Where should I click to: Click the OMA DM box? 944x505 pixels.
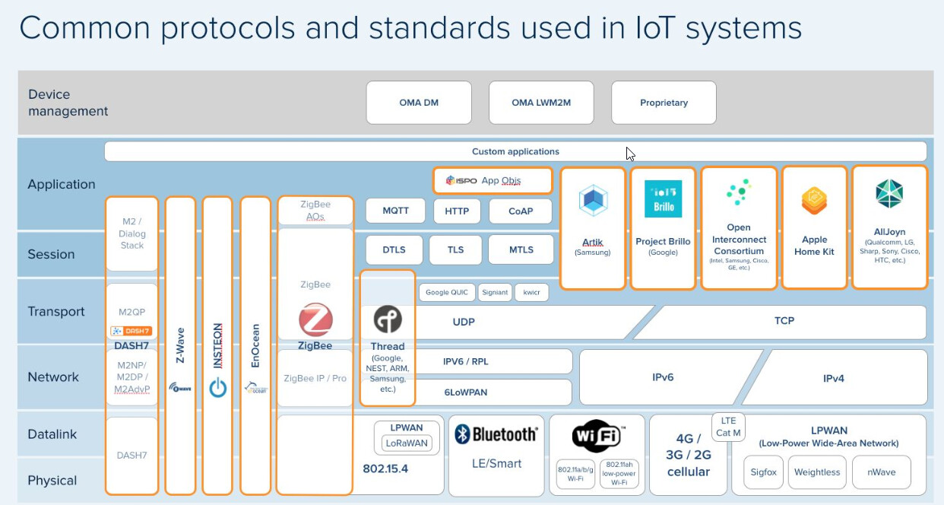click(419, 103)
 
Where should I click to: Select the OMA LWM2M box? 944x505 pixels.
click(541, 103)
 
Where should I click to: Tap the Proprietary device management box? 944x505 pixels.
click(664, 103)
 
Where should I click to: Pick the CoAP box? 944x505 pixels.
click(521, 211)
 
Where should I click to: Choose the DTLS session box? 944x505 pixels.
click(394, 249)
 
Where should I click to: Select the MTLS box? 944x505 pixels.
click(521, 249)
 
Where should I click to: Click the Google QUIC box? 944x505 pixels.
click(447, 292)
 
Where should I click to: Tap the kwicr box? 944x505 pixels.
click(531, 292)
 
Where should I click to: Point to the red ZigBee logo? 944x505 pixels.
click(315, 320)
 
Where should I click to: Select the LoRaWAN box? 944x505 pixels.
click(407, 443)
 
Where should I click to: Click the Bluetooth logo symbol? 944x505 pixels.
click(462, 434)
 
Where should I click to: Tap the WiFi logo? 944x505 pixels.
click(597, 436)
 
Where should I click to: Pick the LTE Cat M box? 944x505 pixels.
click(728, 427)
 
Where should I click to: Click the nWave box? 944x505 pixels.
click(881, 472)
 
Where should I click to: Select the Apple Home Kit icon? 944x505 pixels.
click(814, 201)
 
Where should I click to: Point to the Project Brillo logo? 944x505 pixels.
click(663, 199)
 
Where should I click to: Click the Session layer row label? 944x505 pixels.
click(51, 254)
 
